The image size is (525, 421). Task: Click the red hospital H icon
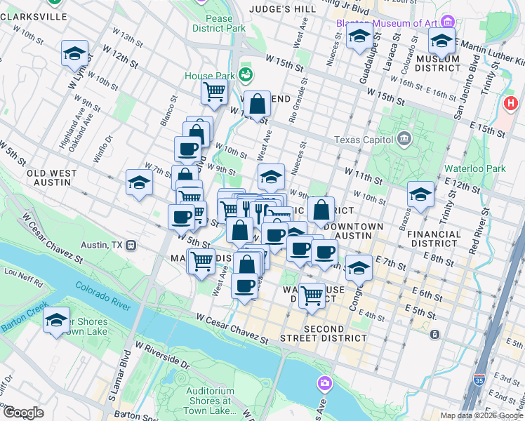tap(511, 104)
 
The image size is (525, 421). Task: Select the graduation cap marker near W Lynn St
tap(74, 53)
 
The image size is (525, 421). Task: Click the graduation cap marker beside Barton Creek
tap(56, 321)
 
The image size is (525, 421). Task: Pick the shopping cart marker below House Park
tap(214, 91)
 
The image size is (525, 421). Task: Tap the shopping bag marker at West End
tap(258, 104)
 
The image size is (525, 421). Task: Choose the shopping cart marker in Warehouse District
tap(311, 295)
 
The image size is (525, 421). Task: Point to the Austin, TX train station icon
tap(131, 246)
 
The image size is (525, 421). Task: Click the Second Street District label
tap(335, 333)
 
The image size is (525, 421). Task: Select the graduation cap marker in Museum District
tap(441, 41)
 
